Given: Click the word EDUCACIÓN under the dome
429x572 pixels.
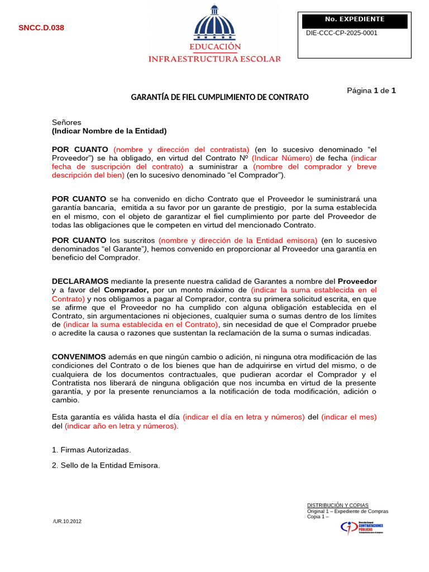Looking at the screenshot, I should click(214, 47).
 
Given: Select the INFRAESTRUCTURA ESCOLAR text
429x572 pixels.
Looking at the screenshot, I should click(214, 59).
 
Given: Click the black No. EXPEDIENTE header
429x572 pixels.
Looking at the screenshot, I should click(354, 20).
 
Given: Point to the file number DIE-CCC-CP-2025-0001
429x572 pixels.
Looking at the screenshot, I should click(342, 33).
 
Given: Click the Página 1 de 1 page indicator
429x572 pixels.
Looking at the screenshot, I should click(371, 90).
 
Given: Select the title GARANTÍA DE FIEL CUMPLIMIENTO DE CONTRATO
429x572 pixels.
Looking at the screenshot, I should click(220, 97).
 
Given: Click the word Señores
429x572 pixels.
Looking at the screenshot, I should click(66, 122).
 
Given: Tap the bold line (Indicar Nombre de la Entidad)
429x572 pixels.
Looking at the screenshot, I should click(109, 131).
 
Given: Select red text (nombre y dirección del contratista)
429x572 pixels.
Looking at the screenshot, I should click(182, 149).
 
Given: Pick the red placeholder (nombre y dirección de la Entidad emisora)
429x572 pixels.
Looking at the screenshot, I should click(238, 240).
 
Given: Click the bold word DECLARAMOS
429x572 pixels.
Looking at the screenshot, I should click(80, 281).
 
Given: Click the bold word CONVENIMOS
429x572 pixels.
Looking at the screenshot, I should click(79, 356).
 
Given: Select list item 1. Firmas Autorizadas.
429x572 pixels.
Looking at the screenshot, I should click(92, 450).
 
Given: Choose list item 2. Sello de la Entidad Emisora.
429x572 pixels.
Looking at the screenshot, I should click(106, 465).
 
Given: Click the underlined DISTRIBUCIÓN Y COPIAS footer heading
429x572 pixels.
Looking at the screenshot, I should click(337, 505).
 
